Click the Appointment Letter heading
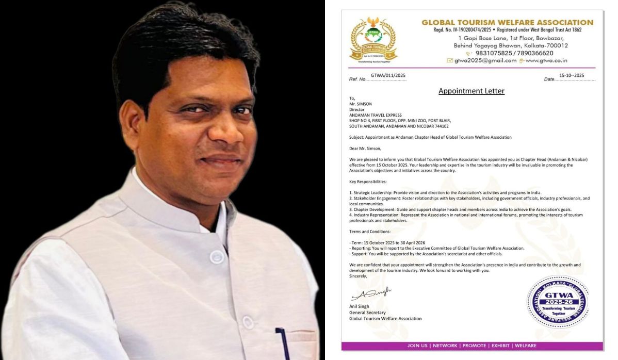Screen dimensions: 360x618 pos(471,91)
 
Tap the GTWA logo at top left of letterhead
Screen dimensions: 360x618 pos(373,40)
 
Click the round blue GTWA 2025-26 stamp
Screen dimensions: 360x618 pos(557,302)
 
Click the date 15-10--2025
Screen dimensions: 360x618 pos(572,75)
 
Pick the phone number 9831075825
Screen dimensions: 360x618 pos(492,53)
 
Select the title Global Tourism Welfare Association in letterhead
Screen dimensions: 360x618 pos(507,22)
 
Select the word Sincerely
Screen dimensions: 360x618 pos(358,276)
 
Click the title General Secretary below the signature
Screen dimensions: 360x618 pos(368,312)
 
